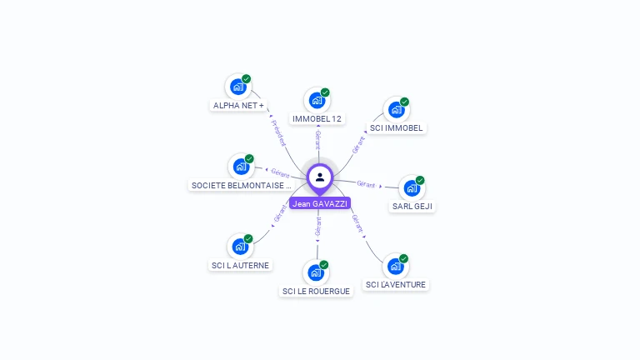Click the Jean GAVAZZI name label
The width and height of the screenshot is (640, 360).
[x=320, y=203]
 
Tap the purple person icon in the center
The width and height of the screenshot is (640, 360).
[x=320, y=177]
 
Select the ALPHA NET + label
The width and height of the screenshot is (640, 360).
[x=238, y=106]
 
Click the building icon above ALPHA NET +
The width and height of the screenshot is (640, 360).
[x=238, y=86]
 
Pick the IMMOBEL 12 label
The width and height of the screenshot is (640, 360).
[x=317, y=119]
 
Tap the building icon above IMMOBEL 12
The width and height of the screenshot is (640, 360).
[x=316, y=100]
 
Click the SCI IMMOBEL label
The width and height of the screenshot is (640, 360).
[x=397, y=128]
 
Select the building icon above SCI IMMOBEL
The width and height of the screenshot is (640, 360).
[x=396, y=110]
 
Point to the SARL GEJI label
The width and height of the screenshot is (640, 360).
[x=412, y=207]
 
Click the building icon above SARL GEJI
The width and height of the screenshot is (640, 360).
[x=412, y=188]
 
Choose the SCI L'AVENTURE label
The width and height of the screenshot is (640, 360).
[x=396, y=285]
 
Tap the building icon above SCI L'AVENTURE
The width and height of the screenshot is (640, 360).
[x=396, y=267]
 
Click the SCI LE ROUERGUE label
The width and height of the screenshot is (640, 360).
[x=316, y=292]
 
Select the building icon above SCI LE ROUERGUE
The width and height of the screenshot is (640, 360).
[x=315, y=272]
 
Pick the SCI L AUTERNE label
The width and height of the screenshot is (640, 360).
[x=240, y=266]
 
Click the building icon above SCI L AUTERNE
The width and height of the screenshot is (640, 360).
[x=240, y=246]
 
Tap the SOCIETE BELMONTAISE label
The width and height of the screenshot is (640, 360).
[x=241, y=186]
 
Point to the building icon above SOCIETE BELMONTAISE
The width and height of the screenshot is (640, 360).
[x=241, y=166]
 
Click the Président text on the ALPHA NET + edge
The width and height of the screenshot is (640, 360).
[x=278, y=132]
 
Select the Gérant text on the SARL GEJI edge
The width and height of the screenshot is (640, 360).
[x=366, y=183]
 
